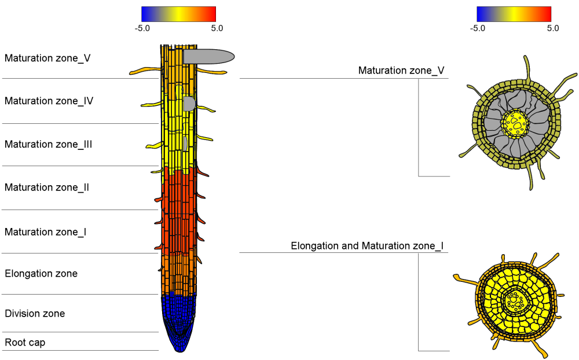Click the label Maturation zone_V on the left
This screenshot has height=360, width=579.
coord(47,58)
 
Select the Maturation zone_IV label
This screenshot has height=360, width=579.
coord(49,101)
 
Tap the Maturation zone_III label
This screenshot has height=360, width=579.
coord(48,144)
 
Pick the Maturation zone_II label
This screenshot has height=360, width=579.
coord(46,188)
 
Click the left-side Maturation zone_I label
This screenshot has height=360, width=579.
coord(45,232)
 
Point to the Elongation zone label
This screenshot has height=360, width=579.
coord(41,273)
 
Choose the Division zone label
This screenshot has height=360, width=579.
coord(35,314)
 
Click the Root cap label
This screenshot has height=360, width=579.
coord(25,343)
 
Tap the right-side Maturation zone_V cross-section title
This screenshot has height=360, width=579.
coord(401,71)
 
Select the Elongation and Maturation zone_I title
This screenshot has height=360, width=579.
coord(367,246)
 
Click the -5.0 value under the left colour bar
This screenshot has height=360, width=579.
coord(142,28)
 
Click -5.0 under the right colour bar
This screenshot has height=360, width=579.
coord(478,28)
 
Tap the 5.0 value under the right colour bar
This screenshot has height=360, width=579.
coord(552,28)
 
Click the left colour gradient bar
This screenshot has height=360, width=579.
coord(178,14)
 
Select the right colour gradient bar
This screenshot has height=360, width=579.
coord(514,14)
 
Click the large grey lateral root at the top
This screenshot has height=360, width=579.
coord(208,56)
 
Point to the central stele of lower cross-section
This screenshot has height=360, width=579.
coord(514,301)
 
